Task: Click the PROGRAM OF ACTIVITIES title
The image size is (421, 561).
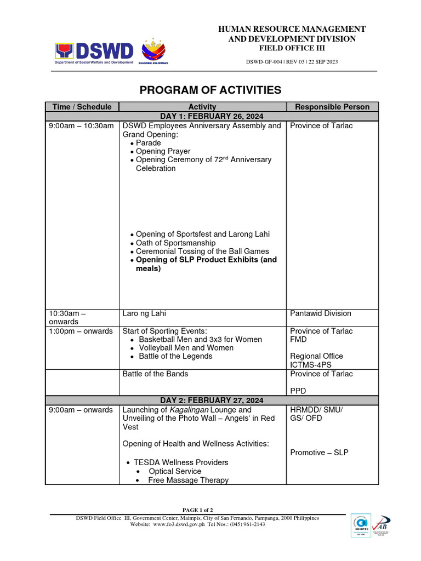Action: click(x=210, y=90)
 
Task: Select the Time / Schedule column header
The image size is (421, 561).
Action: click(x=82, y=107)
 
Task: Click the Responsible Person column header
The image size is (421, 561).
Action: click(x=332, y=107)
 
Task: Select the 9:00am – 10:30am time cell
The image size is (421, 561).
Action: click(x=81, y=126)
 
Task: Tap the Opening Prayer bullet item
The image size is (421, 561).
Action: click(x=163, y=151)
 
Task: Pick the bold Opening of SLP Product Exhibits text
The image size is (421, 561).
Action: click(x=206, y=260)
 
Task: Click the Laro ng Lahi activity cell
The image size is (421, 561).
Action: click(x=144, y=313)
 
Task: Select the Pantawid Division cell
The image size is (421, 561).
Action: click(x=321, y=313)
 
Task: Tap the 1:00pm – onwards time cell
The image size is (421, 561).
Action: click(x=81, y=331)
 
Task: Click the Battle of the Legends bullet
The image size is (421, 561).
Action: click(x=175, y=356)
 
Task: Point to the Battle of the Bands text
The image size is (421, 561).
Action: click(x=155, y=374)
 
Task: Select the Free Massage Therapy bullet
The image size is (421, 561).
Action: click(x=189, y=480)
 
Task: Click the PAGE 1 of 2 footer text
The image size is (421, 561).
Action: click(x=197, y=510)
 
